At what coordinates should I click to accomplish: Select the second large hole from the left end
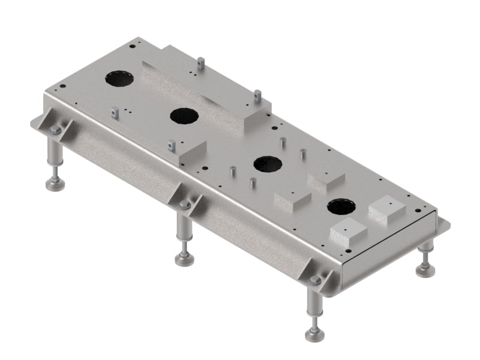[x=184, y=115]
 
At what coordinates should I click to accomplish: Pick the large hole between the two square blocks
[x=341, y=207]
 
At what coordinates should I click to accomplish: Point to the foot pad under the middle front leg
[x=185, y=259]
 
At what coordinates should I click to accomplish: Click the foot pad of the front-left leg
[x=55, y=185]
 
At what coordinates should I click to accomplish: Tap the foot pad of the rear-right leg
[x=426, y=269]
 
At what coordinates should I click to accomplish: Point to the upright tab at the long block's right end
[x=257, y=95]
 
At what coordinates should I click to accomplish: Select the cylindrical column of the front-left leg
[x=55, y=152]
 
